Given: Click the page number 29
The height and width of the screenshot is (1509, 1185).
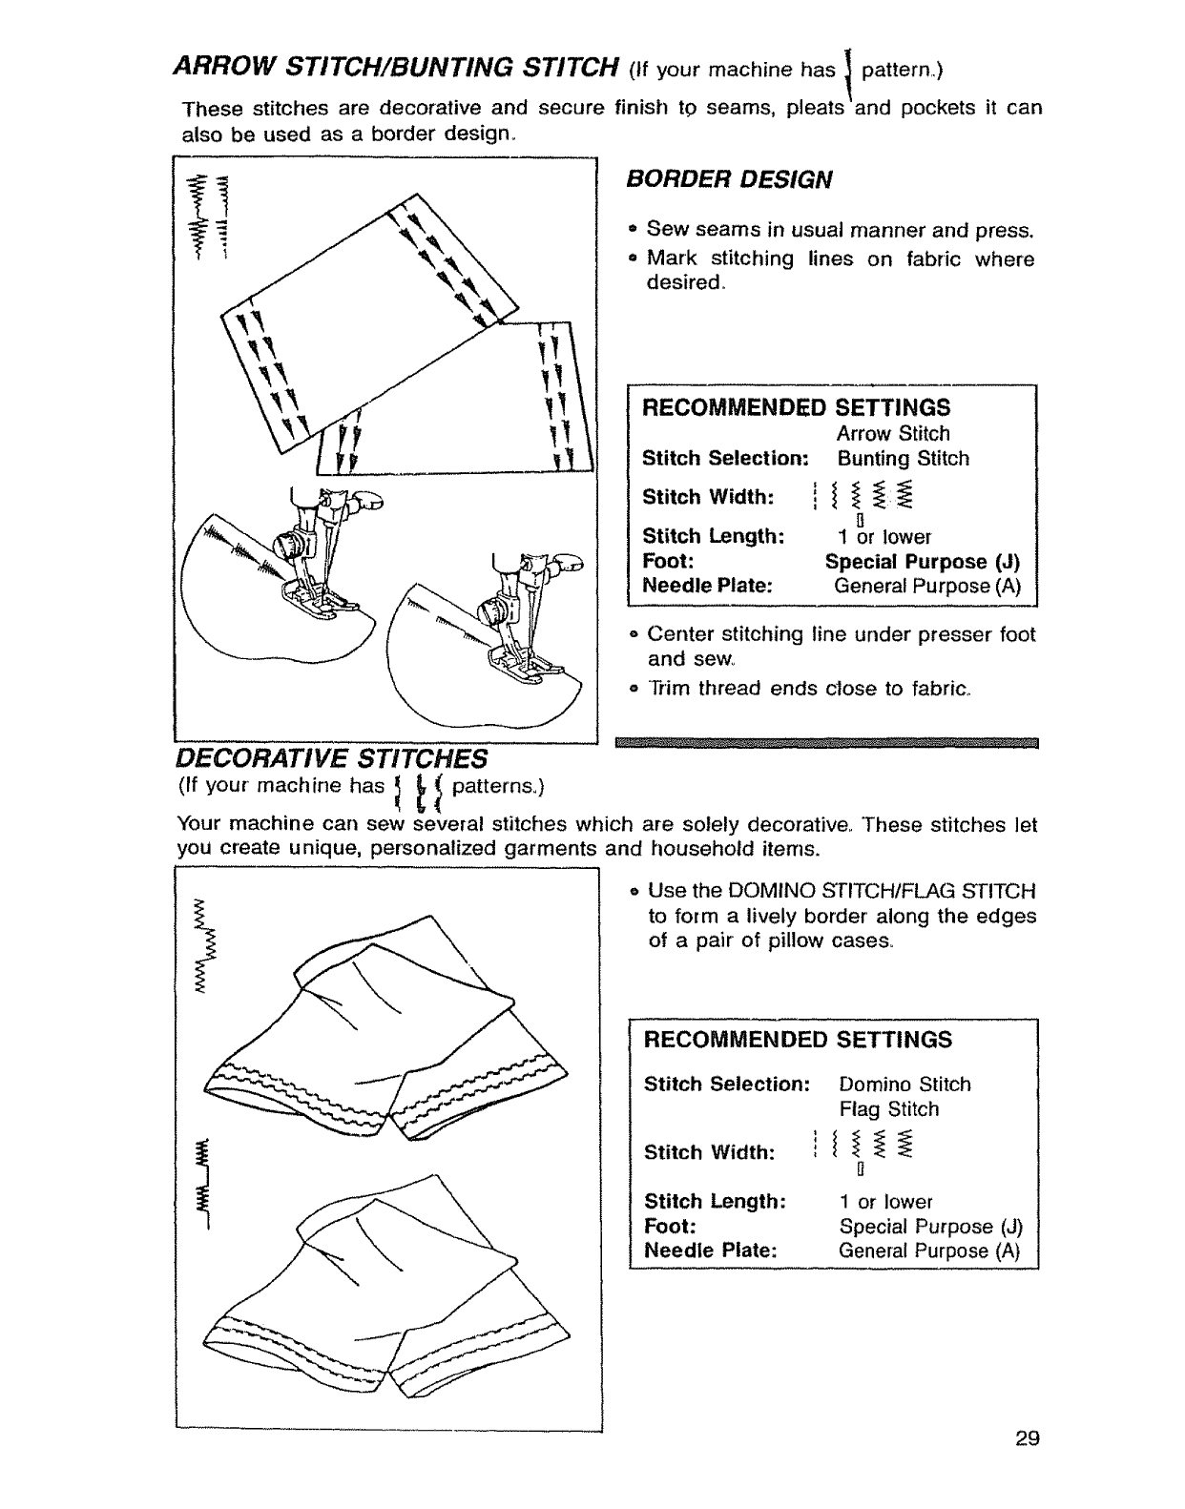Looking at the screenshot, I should point(1027,1465).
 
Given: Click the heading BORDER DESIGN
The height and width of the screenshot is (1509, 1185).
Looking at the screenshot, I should point(729,179).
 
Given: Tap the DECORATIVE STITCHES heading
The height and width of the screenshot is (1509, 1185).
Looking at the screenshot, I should point(331,758).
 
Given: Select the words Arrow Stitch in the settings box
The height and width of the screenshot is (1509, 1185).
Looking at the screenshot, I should point(893,433).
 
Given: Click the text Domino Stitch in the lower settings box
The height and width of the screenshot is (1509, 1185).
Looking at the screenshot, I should point(904,1085).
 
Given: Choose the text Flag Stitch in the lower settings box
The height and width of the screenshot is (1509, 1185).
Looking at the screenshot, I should point(889,1109).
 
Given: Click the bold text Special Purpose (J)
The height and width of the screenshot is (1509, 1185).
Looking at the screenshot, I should point(923,562).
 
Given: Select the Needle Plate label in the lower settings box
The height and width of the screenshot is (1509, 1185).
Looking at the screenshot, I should point(710,1251).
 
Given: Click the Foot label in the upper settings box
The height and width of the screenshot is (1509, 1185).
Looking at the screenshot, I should point(667,562).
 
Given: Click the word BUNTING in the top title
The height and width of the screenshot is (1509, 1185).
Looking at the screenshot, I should point(437,68).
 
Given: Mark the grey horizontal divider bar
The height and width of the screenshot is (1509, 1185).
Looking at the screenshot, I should point(826,744).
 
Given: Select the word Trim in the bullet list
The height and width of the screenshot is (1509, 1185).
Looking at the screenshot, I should point(668,688).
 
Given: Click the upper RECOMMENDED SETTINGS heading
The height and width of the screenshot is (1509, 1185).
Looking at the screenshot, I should point(797,407).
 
